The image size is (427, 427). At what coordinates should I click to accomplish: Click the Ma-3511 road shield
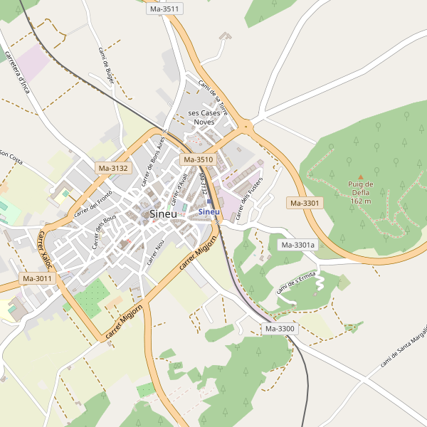[x=165, y=9]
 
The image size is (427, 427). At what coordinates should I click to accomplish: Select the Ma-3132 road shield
[x=113, y=169]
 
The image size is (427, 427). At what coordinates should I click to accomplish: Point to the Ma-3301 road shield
[x=305, y=203]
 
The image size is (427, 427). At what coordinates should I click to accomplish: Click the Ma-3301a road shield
[x=297, y=246]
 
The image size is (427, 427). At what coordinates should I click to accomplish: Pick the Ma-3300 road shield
[x=280, y=329]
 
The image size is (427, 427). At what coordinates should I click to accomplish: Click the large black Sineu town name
[x=163, y=213]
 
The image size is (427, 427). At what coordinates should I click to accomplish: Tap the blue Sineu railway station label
[x=209, y=211]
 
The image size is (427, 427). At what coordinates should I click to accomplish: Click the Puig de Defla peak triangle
[x=360, y=176]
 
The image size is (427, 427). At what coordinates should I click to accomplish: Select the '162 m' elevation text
[x=361, y=201]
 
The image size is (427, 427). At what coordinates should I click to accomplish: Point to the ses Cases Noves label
[x=204, y=117]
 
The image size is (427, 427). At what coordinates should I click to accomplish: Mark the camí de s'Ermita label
[x=295, y=283]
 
